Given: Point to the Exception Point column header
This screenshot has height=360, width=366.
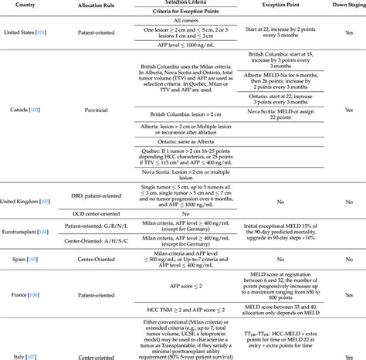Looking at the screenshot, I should [x=286, y=5].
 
